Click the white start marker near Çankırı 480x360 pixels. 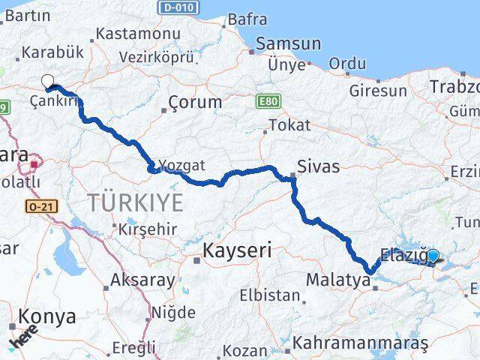click(x=48, y=82)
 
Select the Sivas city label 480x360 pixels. click(x=318, y=166)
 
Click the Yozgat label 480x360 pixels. click(x=181, y=165)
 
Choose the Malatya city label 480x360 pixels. click(x=338, y=280)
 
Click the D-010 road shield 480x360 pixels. click(x=178, y=7)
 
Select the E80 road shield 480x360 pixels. click(x=266, y=100)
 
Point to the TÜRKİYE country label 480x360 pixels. click(x=135, y=202)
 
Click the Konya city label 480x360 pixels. click(x=47, y=316)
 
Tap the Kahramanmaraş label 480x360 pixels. click(x=361, y=343)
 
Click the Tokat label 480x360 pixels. click(x=289, y=125)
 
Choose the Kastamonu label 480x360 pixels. click(x=139, y=34)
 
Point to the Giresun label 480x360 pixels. click(x=378, y=91)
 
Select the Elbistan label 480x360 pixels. click(x=270, y=295)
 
